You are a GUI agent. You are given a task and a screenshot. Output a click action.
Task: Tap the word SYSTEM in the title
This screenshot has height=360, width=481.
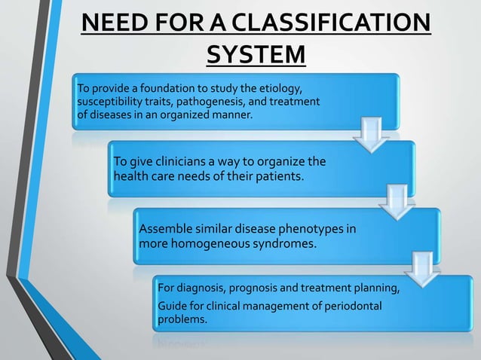coord(256,55)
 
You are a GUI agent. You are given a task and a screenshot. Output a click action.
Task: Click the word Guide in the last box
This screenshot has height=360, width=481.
coord(170,305)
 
